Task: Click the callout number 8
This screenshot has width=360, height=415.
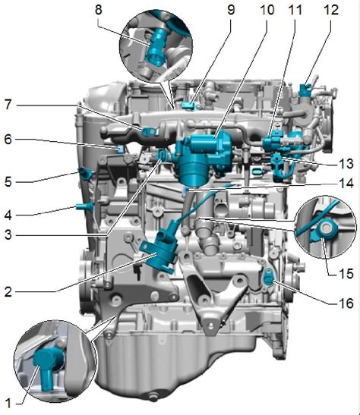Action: (x=98, y=10)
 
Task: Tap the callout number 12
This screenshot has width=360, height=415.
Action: (x=331, y=10)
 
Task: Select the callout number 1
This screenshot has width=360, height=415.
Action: (x=8, y=403)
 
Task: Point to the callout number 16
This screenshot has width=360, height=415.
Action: (x=346, y=303)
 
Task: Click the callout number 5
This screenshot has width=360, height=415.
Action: (x=8, y=182)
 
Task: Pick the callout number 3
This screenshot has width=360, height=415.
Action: (x=8, y=234)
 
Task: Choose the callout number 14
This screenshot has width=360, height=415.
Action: (x=346, y=183)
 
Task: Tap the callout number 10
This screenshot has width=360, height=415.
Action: (x=267, y=10)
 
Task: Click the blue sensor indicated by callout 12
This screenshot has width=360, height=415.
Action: (x=305, y=90)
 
